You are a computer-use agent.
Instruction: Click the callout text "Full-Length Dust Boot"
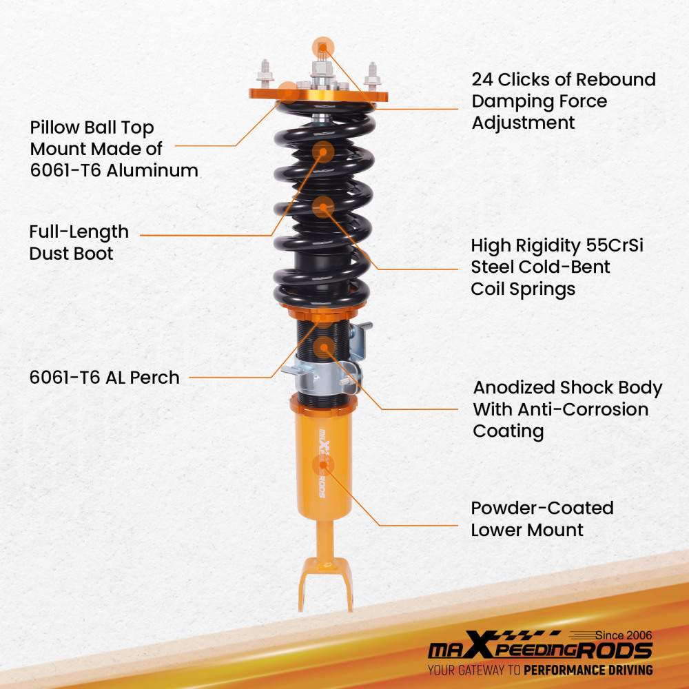(79, 243)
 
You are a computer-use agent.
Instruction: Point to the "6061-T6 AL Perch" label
(104, 378)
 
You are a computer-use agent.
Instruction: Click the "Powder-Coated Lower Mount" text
(542, 519)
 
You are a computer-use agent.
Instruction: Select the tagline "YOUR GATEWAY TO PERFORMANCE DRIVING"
(539, 670)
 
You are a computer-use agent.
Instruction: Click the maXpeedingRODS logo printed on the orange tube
(323, 462)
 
